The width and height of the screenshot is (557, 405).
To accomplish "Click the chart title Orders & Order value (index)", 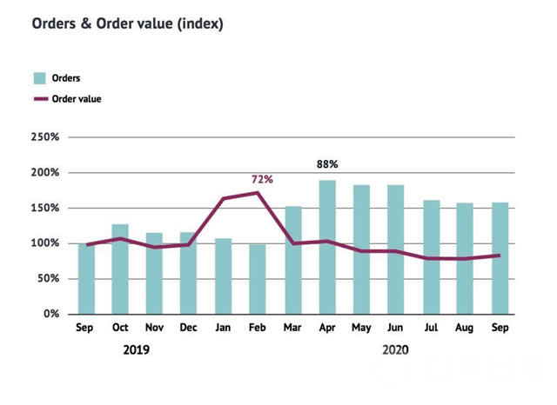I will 128,23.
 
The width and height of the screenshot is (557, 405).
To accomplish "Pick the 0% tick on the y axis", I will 50,314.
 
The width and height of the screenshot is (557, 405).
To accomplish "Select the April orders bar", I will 328,247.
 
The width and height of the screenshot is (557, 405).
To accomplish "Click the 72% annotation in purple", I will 262,179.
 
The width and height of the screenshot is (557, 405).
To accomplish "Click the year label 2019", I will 137,350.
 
